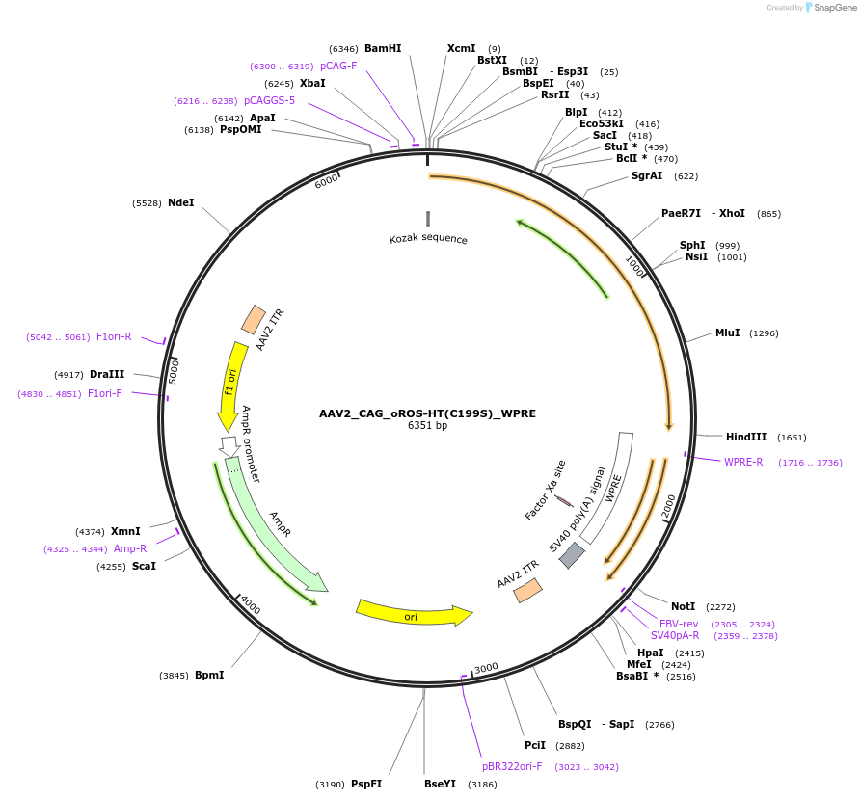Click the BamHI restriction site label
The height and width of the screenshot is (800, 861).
(x=383, y=48)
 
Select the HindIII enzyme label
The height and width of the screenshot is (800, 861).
(x=746, y=437)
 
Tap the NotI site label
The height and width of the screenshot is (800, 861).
(x=683, y=606)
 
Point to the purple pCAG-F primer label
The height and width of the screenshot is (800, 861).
(x=338, y=66)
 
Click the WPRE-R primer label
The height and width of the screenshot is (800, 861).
(x=743, y=462)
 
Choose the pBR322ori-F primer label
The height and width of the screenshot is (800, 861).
(x=512, y=766)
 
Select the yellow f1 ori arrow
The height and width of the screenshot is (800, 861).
(x=230, y=385)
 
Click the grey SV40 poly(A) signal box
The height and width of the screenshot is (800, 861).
(x=572, y=555)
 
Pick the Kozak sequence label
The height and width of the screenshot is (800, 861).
(x=428, y=239)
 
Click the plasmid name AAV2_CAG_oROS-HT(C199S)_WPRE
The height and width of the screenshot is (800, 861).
(x=427, y=413)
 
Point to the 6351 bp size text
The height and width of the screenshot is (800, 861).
(x=427, y=425)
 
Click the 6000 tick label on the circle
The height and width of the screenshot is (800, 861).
(x=327, y=180)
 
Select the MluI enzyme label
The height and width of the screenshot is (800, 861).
(x=727, y=333)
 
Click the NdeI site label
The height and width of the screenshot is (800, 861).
(x=180, y=202)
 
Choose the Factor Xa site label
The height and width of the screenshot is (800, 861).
(x=546, y=490)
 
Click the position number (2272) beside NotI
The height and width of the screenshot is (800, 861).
(x=720, y=607)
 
